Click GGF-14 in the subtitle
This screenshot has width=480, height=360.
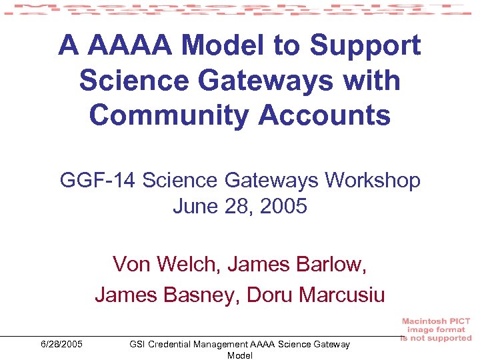click(98, 180)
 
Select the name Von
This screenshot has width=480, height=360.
click(132, 264)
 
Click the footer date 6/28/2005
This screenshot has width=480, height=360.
click(61, 344)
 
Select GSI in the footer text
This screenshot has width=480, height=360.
click(137, 344)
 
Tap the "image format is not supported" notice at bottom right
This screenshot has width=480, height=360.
click(436, 330)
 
